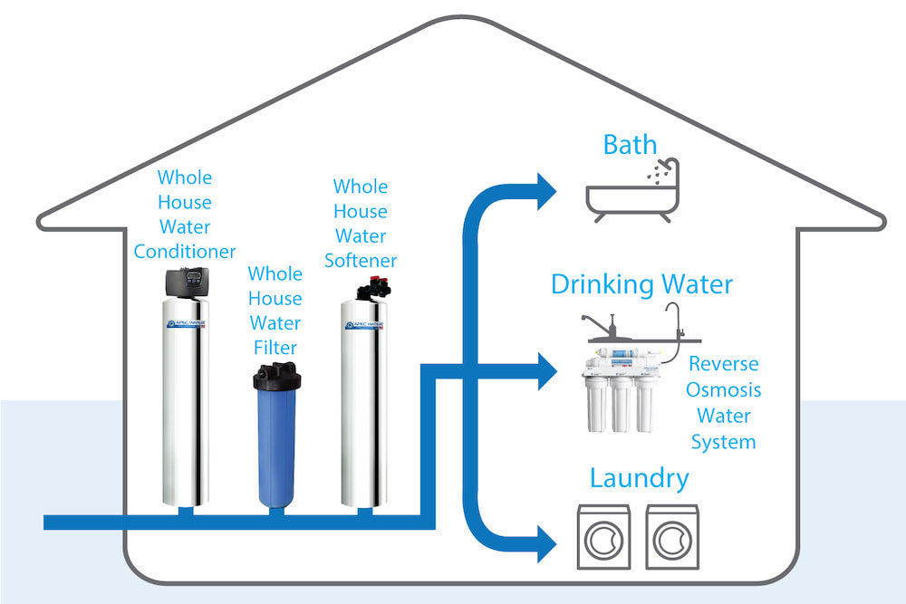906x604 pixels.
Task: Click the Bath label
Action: click(630, 144)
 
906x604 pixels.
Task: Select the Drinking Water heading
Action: click(641, 284)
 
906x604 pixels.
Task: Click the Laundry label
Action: click(639, 478)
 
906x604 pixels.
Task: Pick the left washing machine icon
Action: click(603, 538)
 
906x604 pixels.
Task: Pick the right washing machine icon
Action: click(672, 538)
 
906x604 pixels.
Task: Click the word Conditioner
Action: click(185, 251)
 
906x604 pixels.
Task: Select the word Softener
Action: click(361, 261)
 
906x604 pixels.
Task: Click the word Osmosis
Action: click(723, 390)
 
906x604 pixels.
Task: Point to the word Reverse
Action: click(723, 364)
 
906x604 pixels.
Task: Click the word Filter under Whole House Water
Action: click(275, 347)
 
